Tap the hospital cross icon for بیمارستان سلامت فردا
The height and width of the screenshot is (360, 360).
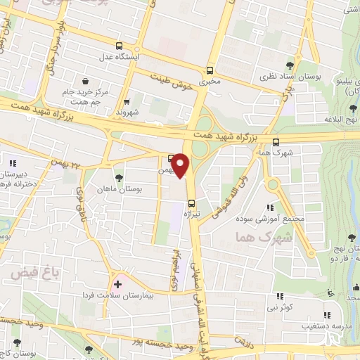click(x=117, y=283)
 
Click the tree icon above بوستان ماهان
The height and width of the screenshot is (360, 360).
click(x=117, y=178)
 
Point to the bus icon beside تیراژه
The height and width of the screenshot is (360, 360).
click(x=192, y=205)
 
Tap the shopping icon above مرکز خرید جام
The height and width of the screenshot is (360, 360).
click(x=85, y=82)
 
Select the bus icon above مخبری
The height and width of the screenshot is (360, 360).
click(x=209, y=70)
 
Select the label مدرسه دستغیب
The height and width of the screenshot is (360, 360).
click(x=307, y=327)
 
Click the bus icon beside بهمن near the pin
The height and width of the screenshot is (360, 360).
click(x=171, y=157)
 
